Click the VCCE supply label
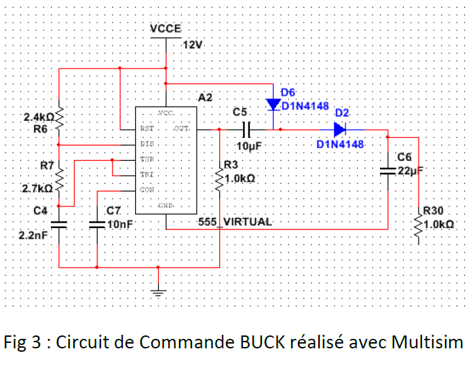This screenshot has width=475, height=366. click(166, 29)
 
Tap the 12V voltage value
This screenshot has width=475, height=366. click(193, 45)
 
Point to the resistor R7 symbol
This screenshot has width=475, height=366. click(60, 178)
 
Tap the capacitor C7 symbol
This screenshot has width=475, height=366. click(98, 223)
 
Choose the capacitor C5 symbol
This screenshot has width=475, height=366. click(247, 129)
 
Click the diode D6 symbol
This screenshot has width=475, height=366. click(273, 105)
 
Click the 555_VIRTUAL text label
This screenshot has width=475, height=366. click(235, 222)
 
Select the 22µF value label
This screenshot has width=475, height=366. click(409, 171)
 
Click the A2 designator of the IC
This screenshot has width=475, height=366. click(205, 98)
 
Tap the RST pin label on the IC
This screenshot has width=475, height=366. click(146, 128)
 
